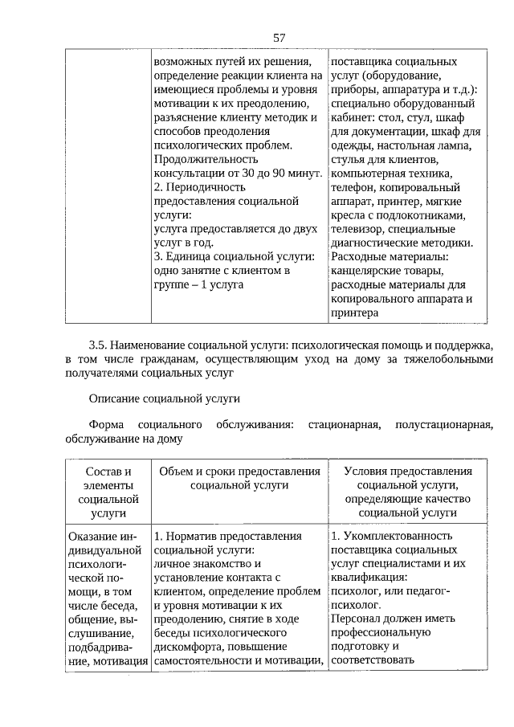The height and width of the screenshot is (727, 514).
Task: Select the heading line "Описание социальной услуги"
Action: tap(165, 398)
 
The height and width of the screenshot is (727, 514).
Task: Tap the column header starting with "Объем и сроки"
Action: tap(239, 479)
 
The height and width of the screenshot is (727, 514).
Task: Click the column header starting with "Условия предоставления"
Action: tap(407, 492)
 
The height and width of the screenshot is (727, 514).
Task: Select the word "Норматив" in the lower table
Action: tap(193, 536)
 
